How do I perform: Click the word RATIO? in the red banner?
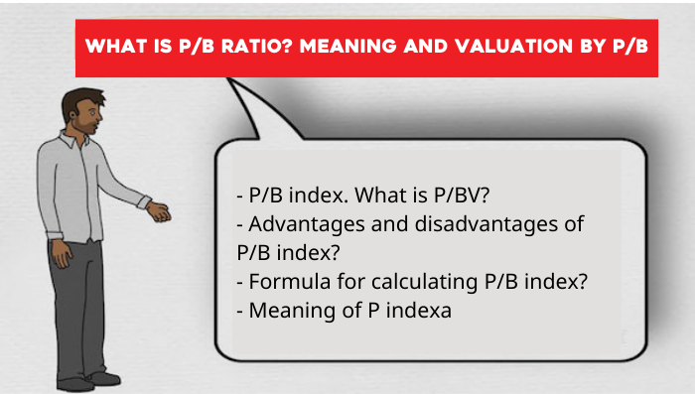pos(257,46)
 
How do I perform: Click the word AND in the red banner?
pos(426,46)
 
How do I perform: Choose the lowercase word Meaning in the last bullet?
pos(292,311)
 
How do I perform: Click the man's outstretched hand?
pos(159,211)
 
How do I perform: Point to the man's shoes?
pos(88,381)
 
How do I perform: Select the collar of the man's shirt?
pos(73,139)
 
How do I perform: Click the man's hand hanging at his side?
pos(62,254)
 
